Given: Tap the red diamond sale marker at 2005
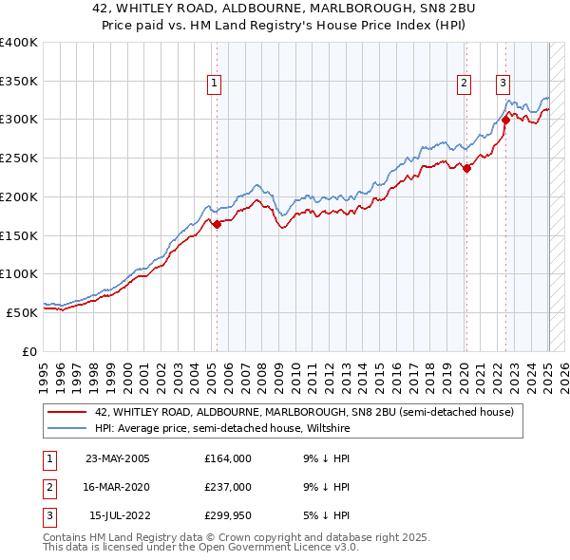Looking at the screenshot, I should [x=217, y=225].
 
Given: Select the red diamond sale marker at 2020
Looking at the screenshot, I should [x=467, y=168].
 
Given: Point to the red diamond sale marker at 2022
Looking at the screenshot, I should [x=506, y=120].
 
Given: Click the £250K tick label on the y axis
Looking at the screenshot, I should [x=19, y=159].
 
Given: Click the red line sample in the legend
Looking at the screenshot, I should [x=66, y=412].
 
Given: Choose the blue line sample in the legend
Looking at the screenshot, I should [x=66, y=428].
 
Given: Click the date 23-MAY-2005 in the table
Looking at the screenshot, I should [x=118, y=458].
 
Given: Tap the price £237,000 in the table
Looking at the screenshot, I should [x=227, y=487].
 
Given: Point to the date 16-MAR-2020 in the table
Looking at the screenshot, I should [x=118, y=487].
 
